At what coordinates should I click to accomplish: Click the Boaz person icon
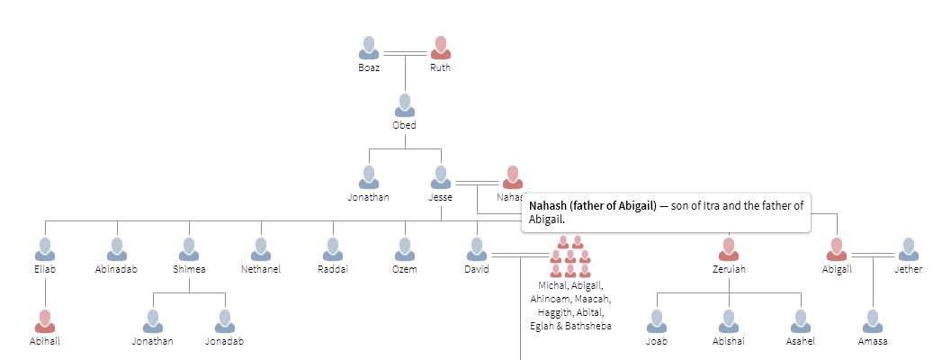tap(369, 48)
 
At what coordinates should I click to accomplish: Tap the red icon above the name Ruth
tap(440, 48)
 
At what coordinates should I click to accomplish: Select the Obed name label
tap(404, 125)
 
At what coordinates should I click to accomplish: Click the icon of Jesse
tap(440, 177)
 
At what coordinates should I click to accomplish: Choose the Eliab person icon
tap(45, 249)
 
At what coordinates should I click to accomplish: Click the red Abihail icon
tap(45, 321)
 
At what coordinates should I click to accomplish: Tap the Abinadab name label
tap(116, 269)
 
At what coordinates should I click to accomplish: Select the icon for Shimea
tap(189, 249)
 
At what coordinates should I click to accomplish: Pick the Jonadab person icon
tap(224, 321)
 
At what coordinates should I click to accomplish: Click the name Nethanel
tap(261, 269)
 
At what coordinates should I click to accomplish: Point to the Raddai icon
tap(333, 249)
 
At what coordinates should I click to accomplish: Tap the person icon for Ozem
tap(405, 249)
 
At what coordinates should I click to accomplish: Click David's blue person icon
tap(477, 249)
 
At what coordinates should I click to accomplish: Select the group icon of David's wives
tap(570, 256)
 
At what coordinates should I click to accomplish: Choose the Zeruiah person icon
tap(729, 249)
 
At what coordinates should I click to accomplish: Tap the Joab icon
tap(657, 321)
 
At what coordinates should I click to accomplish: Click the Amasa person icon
tap(873, 321)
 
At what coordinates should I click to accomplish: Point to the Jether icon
tap(909, 249)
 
